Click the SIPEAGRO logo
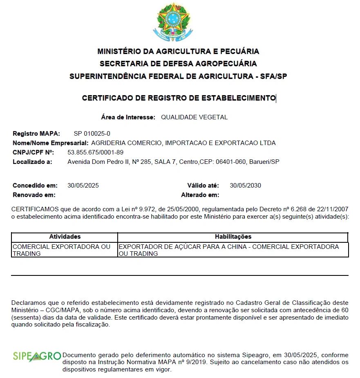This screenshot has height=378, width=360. [37, 356]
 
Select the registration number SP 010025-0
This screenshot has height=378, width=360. [92, 134]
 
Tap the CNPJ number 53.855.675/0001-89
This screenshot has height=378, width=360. [92, 152]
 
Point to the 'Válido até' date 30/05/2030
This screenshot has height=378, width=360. [245, 186]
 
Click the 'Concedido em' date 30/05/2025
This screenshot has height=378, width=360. [83, 186]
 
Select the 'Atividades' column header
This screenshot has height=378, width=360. [65, 237]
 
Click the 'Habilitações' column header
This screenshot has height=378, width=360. [233, 237]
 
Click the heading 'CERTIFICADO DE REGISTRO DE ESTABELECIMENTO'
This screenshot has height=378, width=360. [179, 98]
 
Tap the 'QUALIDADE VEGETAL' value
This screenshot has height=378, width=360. [194, 117]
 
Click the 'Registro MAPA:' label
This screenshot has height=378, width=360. [36, 134]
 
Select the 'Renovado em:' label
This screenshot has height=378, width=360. [34, 195]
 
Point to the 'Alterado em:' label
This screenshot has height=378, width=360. [200, 195]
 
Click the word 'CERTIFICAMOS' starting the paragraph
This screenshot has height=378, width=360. [35, 208]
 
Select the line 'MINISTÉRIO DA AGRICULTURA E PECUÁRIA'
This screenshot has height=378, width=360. [178, 51]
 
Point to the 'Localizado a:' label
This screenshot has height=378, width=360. [32, 162]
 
